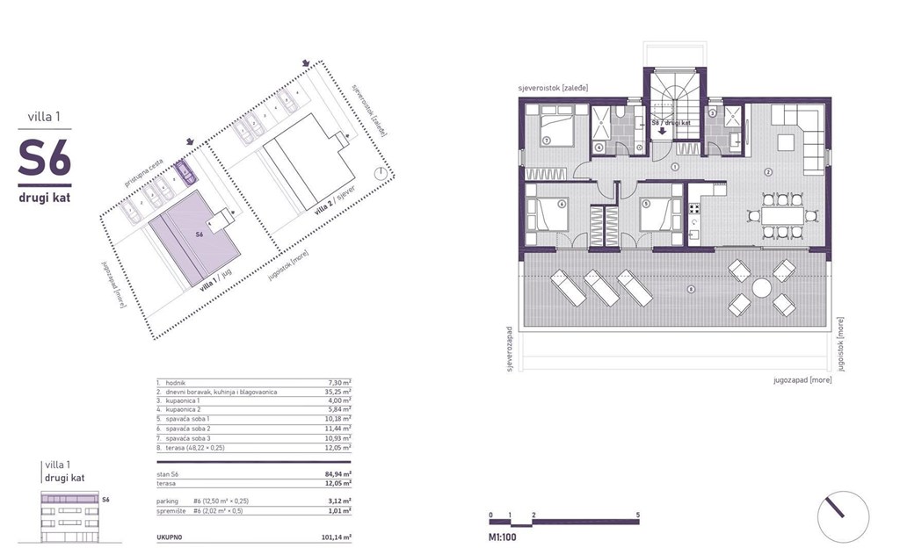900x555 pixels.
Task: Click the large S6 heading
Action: click(x=44, y=159)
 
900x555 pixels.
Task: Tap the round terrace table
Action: click(x=760, y=289)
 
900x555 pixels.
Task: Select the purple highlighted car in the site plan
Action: click(x=187, y=170)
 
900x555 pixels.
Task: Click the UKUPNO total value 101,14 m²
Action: click(x=335, y=536)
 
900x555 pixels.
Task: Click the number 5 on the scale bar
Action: click(x=636, y=512)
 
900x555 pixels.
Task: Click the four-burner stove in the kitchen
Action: click(x=694, y=209)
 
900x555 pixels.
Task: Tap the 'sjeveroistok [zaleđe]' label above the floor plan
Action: click(x=553, y=89)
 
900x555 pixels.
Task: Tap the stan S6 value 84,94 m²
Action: click(x=335, y=473)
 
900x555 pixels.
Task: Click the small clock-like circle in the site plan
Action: click(x=379, y=173)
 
